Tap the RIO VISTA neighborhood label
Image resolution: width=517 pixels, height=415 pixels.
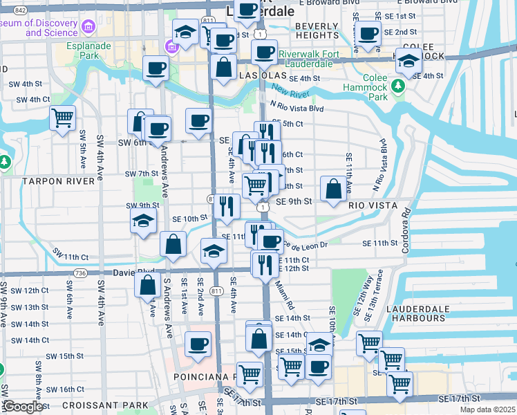374,205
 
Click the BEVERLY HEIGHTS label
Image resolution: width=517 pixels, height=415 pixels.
317,30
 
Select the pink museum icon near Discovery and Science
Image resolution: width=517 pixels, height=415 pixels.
88,26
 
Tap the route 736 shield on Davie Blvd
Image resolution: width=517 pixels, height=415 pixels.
80,274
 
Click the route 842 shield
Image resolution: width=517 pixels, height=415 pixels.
20,10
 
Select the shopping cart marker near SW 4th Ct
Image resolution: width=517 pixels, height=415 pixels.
63,119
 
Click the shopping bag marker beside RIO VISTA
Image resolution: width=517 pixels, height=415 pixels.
333,190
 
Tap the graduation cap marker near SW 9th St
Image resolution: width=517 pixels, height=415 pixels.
144,221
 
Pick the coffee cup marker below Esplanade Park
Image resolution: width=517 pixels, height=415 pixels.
156,68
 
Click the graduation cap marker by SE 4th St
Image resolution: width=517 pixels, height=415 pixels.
408,61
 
